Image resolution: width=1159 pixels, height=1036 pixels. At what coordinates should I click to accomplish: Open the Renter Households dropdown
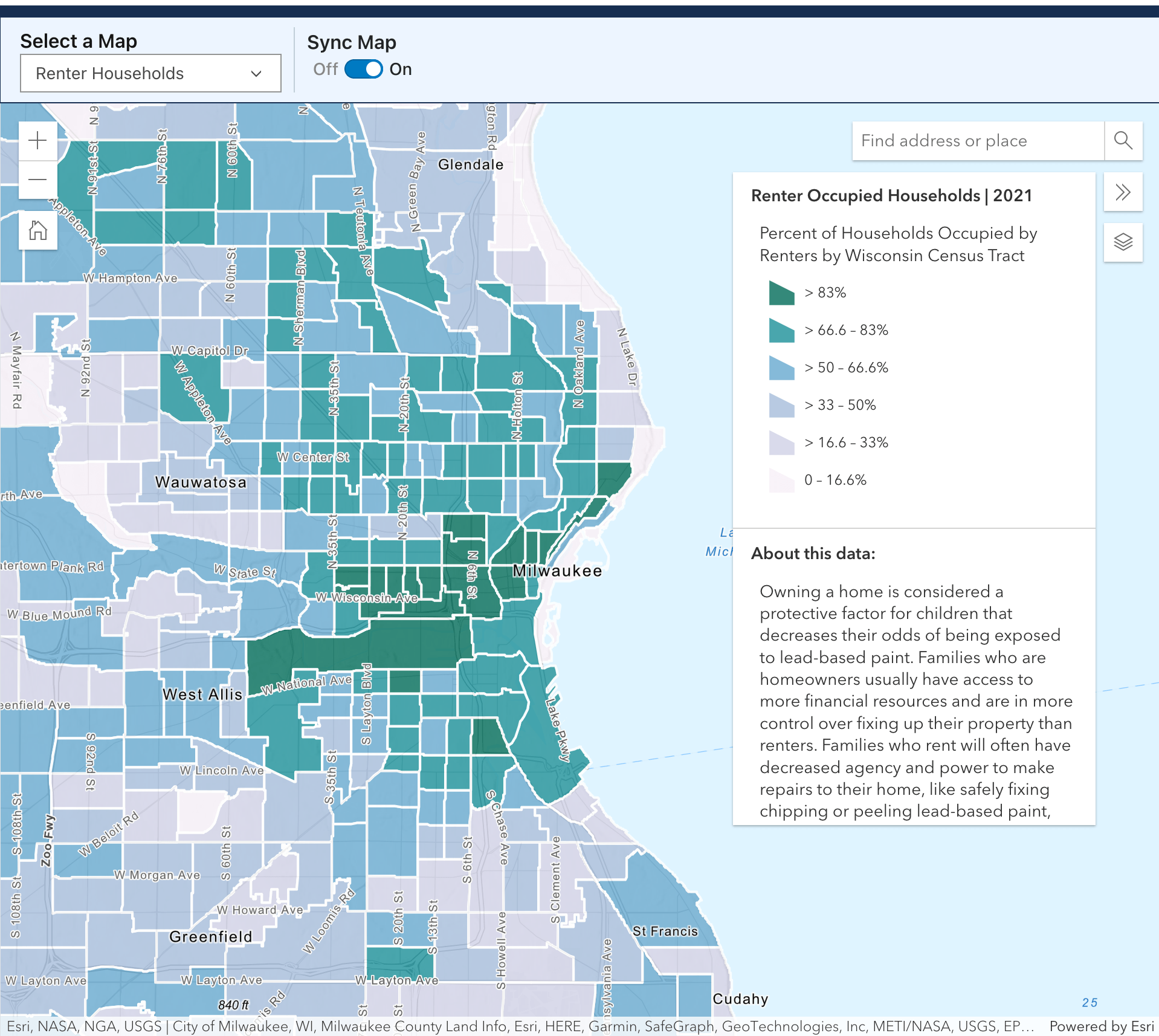(150, 73)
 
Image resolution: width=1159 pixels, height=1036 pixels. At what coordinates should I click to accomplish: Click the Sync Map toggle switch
(364, 70)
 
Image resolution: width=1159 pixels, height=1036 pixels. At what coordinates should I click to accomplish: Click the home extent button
(38, 230)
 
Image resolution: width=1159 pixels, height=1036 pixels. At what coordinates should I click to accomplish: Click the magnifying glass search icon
(1123, 141)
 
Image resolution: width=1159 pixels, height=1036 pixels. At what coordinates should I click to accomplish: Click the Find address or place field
(977, 141)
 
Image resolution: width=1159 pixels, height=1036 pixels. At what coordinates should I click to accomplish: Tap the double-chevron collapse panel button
(1123, 192)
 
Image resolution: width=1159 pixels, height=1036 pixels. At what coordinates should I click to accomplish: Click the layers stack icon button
(1123, 242)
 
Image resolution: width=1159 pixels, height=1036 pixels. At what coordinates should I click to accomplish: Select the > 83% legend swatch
(781, 293)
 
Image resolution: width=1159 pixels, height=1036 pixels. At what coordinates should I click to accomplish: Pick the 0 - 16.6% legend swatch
(781, 481)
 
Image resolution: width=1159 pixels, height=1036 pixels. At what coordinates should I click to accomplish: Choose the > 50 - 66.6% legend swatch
(781, 368)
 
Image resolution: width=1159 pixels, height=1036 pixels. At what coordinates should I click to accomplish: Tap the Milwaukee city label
(557, 571)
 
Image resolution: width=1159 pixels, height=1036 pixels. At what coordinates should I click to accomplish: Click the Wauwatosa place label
(201, 482)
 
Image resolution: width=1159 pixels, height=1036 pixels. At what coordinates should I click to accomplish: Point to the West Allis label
(202, 694)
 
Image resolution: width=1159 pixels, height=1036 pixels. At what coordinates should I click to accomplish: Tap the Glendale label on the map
(470, 164)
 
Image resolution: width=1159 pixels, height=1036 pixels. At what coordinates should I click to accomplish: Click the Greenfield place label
(210, 937)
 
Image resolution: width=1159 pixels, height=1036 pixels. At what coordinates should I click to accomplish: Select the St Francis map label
(665, 931)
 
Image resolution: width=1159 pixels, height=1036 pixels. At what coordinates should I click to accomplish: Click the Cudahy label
(740, 999)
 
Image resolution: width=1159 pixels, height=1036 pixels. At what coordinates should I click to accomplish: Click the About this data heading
(813, 554)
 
